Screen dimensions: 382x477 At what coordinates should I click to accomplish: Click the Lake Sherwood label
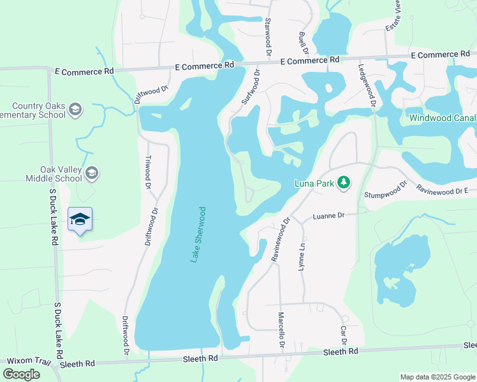pyautogui.click(x=197, y=234)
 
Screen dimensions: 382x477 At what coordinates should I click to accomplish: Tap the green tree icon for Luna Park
pyautogui.click(x=344, y=183)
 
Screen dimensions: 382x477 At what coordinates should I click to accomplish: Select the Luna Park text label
pyautogui.click(x=314, y=183)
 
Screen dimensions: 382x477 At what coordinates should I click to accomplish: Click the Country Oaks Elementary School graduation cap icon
pyautogui.click(x=76, y=110)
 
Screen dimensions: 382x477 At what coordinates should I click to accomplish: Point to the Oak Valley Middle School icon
pyautogui.click(x=92, y=173)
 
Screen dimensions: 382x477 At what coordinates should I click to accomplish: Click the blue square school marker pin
pyautogui.click(x=80, y=220)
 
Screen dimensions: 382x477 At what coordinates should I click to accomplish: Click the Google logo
pyautogui.click(x=21, y=374)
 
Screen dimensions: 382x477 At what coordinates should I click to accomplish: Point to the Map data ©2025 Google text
pyautogui.click(x=437, y=377)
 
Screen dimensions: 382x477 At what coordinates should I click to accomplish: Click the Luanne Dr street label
pyautogui.click(x=328, y=216)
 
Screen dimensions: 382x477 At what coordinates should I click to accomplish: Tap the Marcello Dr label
pyautogui.click(x=281, y=330)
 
